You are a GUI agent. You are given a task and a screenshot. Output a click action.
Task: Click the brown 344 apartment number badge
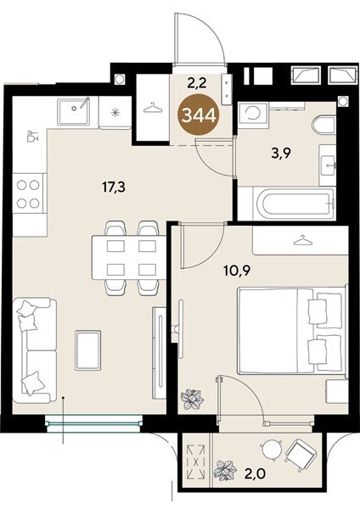(x=199, y=115)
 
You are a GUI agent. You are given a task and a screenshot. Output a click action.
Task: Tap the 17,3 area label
(x=114, y=187)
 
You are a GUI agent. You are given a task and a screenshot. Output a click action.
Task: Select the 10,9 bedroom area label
(x=237, y=270)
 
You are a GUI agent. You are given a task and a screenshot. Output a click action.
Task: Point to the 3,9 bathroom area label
(x=281, y=154)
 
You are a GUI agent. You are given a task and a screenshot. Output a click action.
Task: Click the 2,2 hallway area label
(x=197, y=84)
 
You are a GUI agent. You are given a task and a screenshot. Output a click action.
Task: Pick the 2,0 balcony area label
(x=256, y=474)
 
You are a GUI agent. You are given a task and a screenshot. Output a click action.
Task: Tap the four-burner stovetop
(x=28, y=193)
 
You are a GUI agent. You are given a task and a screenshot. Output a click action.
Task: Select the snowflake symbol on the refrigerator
(x=115, y=113)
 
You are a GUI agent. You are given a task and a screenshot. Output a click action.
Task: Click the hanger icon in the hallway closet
(x=152, y=108)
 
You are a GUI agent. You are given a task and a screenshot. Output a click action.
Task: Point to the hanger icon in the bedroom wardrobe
(x=302, y=241)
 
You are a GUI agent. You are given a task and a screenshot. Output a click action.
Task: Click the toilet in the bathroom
(x=323, y=125)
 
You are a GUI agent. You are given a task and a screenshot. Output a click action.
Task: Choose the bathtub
(x=295, y=203)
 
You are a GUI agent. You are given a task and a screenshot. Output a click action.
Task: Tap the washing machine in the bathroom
(x=253, y=115)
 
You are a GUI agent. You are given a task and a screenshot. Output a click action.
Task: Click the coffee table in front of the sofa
(x=87, y=350)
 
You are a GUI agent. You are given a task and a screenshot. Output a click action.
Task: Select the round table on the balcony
(x=271, y=450)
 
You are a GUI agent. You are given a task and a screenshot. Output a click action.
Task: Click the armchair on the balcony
(x=301, y=454)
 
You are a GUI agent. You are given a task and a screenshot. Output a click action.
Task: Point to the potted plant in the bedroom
(x=192, y=399)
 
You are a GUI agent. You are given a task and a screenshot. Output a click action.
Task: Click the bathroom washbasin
(x=327, y=165)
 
